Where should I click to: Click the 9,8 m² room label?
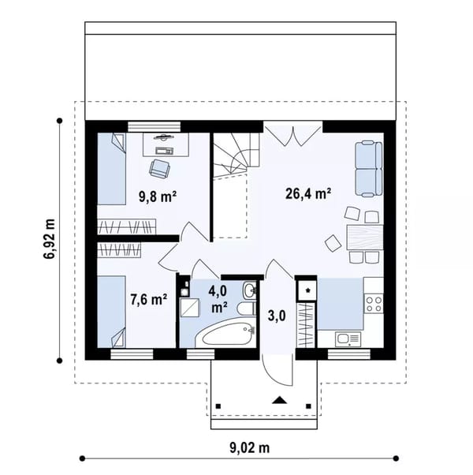coord(158,197)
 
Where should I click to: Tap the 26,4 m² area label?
coord(308,193)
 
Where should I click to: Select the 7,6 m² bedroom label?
coord(148,300)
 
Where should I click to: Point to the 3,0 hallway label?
coord(277,316)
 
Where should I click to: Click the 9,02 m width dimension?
coord(250,447)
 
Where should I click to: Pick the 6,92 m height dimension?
coord(49,239)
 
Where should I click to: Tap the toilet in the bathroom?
coord(246,309)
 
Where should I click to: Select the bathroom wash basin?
coord(249,290)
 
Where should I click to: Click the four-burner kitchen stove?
coord(374,304)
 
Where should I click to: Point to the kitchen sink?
coord(348,339)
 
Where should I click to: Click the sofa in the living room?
coord(369,169)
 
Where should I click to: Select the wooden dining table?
coord(365,237)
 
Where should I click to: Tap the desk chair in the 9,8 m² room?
coord(159,169)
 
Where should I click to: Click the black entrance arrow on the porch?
coord(279,400)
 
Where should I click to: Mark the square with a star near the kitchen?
coord(307,290)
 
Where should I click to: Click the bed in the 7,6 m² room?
coord(111,312)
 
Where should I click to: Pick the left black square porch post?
coord(218,406)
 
